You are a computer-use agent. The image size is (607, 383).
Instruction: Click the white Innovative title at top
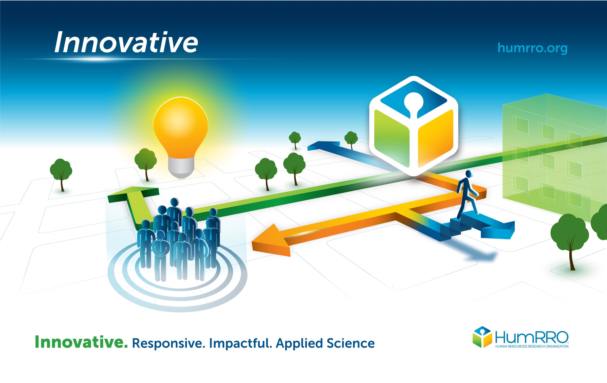(126, 42)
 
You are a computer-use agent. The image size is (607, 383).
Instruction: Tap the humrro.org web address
(532, 48)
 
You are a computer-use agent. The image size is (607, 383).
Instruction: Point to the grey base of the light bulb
(181, 168)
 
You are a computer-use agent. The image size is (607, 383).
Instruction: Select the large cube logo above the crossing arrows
(414, 126)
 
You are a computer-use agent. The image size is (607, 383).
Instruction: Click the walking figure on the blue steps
(467, 195)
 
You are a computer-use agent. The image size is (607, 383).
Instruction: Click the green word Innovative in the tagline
(81, 343)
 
